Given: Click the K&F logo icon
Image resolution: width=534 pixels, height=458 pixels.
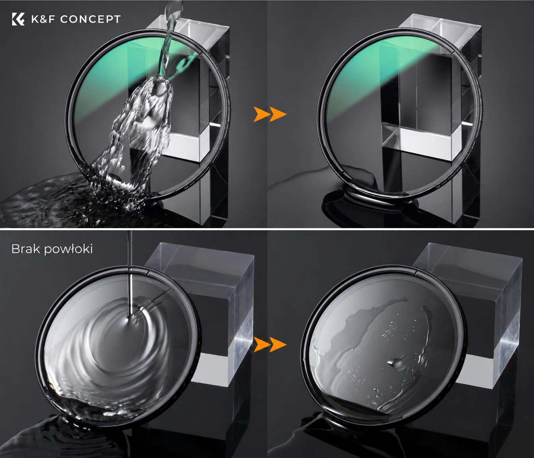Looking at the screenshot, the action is [18, 19].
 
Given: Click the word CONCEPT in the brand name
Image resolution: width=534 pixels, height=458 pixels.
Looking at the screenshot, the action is [90, 19].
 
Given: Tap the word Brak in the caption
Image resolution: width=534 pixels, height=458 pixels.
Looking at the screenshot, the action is [25, 249].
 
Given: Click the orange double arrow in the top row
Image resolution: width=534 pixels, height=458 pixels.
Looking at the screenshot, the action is [270, 114].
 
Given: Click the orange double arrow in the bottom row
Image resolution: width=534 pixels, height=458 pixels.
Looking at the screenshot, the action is [270, 344].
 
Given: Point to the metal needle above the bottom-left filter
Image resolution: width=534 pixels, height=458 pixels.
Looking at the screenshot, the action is [131, 274].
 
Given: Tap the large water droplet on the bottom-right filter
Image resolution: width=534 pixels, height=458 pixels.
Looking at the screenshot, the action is [397, 362].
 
